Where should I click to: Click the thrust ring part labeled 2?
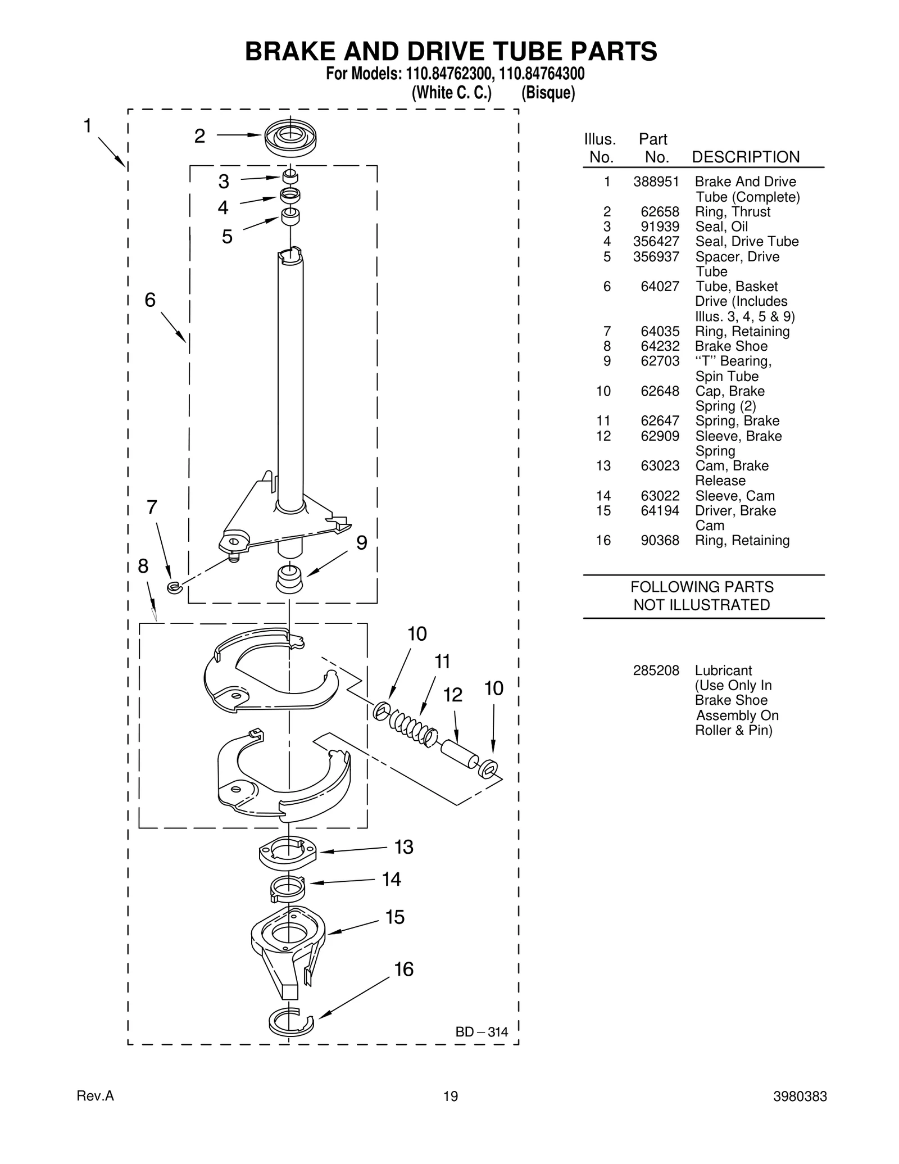pyautogui.click(x=290, y=138)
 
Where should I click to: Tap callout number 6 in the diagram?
pyautogui.click(x=150, y=300)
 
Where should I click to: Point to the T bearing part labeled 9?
pyautogui.click(x=290, y=578)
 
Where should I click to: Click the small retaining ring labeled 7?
pyautogui.click(x=174, y=588)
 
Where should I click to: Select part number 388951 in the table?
pyautogui.click(x=656, y=182)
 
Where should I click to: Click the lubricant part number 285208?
pyautogui.click(x=656, y=671)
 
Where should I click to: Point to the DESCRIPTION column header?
pyautogui.click(x=745, y=157)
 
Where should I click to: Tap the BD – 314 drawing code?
pyautogui.click(x=482, y=1032)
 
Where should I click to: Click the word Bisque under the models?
pyautogui.click(x=548, y=93)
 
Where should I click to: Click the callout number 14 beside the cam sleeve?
pyautogui.click(x=391, y=879)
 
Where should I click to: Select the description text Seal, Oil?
pyautogui.click(x=721, y=227)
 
